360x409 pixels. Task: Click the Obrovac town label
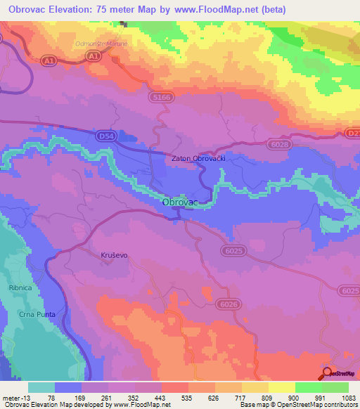click(180, 202)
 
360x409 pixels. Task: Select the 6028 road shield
click(280, 143)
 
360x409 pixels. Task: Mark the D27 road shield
click(352, 132)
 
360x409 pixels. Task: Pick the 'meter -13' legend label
click(15, 397)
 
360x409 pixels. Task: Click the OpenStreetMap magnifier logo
click(327, 372)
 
